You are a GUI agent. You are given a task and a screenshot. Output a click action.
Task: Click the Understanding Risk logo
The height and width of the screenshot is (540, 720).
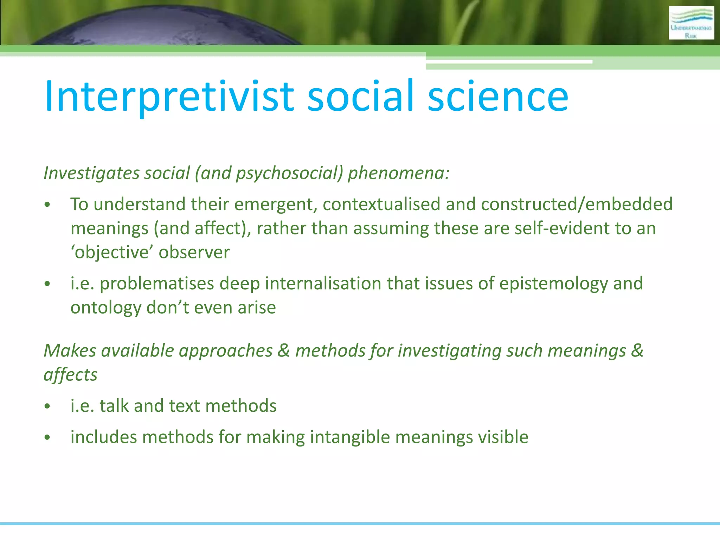(x=691, y=23)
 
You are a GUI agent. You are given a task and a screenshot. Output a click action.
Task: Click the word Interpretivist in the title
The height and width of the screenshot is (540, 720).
(x=169, y=97)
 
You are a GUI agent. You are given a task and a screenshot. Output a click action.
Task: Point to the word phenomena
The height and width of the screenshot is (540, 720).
(x=398, y=173)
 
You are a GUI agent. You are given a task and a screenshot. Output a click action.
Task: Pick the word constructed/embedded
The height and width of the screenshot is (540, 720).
(x=577, y=204)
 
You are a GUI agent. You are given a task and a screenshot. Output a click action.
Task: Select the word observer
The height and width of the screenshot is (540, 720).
(x=194, y=252)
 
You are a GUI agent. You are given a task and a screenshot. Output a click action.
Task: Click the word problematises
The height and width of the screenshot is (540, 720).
(x=157, y=284)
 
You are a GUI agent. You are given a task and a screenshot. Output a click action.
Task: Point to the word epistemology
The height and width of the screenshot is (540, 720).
(x=553, y=284)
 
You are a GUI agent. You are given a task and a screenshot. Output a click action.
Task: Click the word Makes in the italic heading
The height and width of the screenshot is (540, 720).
(x=70, y=351)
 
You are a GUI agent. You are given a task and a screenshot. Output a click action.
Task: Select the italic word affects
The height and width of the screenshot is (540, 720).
(x=70, y=375)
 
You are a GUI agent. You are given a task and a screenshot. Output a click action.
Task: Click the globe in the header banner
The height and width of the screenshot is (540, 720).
(x=169, y=26)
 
